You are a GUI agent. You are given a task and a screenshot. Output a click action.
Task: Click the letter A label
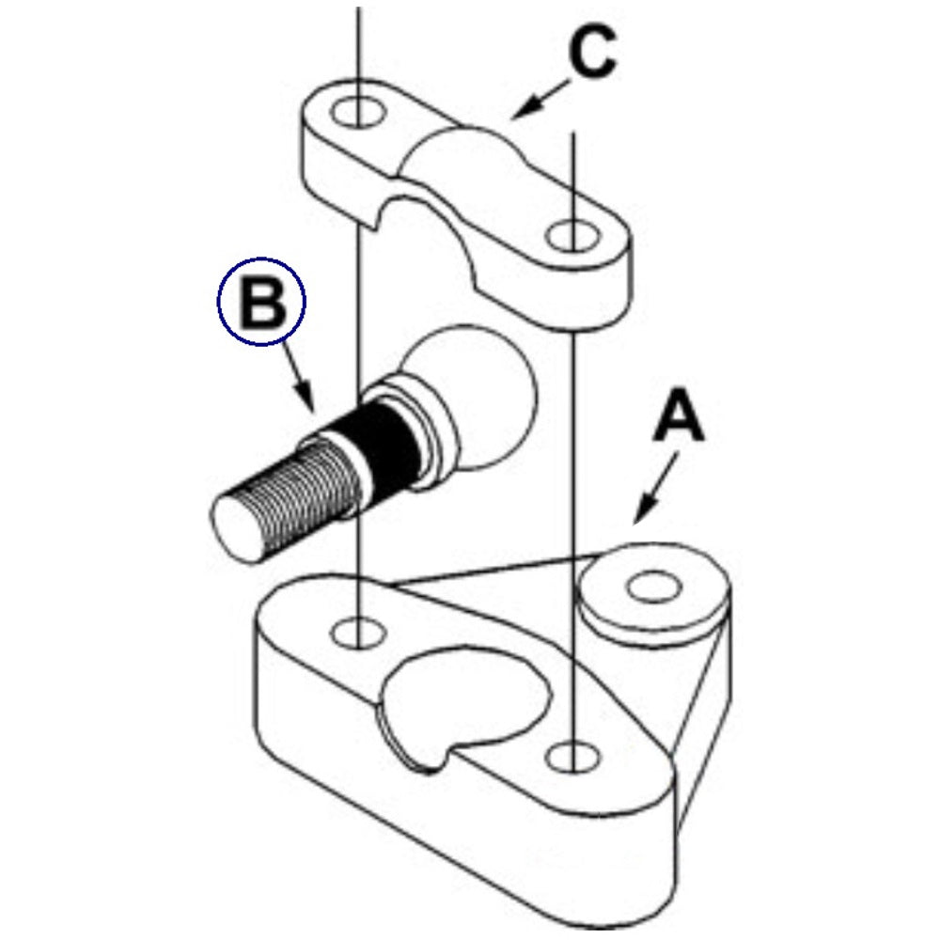679,418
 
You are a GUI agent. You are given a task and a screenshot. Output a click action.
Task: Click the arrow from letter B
300,377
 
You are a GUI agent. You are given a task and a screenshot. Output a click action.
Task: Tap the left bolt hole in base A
358,631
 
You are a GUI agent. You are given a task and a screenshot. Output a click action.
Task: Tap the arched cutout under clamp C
432,235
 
